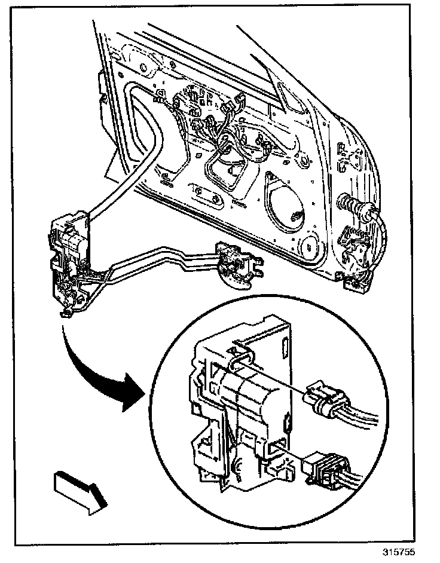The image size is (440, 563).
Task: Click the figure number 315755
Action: (x=399, y=553)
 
